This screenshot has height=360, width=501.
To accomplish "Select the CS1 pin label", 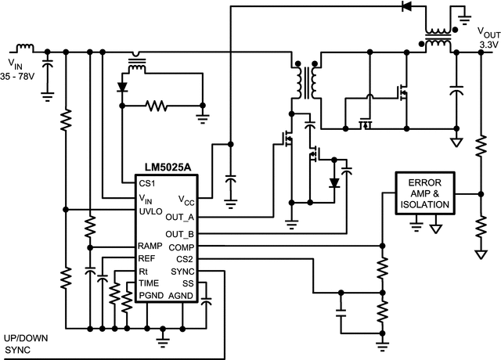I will pyautogui.click(x=146, y=184).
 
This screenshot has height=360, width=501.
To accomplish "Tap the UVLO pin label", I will pyautogui.click(x=150, y=212).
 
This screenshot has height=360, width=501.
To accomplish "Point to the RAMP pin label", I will pyautogui.click(x=150, y=246).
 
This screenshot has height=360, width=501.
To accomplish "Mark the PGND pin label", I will pyautogui.click(x=151, y=295).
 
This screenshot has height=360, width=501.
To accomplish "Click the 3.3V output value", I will pyautogui.click(x=488, y=46).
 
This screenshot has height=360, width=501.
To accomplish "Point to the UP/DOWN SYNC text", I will pyautogui.click(x=27, y=344).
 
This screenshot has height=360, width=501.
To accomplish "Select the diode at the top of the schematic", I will pyautogui.click(x=406, y=6).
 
